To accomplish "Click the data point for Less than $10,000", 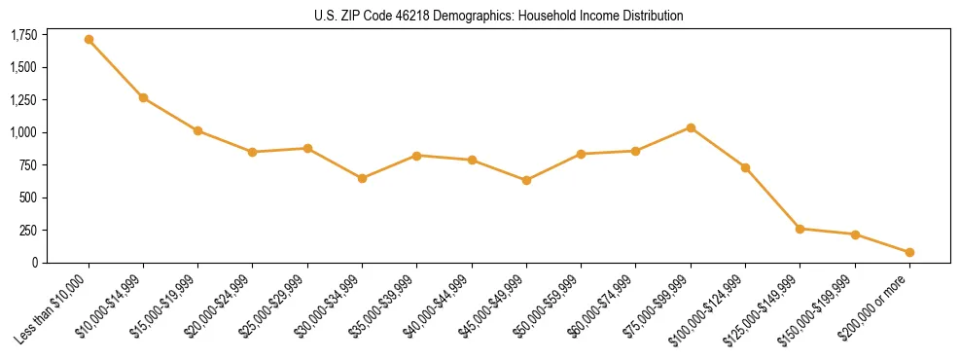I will coord(89,40).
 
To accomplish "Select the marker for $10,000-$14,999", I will coord(143,97).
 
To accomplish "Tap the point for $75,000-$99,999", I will coord(691,127).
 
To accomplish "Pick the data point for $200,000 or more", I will coord(909,252).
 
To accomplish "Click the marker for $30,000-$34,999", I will coord(362,178).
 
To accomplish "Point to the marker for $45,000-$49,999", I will coord(526,180).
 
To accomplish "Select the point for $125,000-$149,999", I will coord(800,229).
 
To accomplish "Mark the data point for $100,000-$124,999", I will coord(745,167).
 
